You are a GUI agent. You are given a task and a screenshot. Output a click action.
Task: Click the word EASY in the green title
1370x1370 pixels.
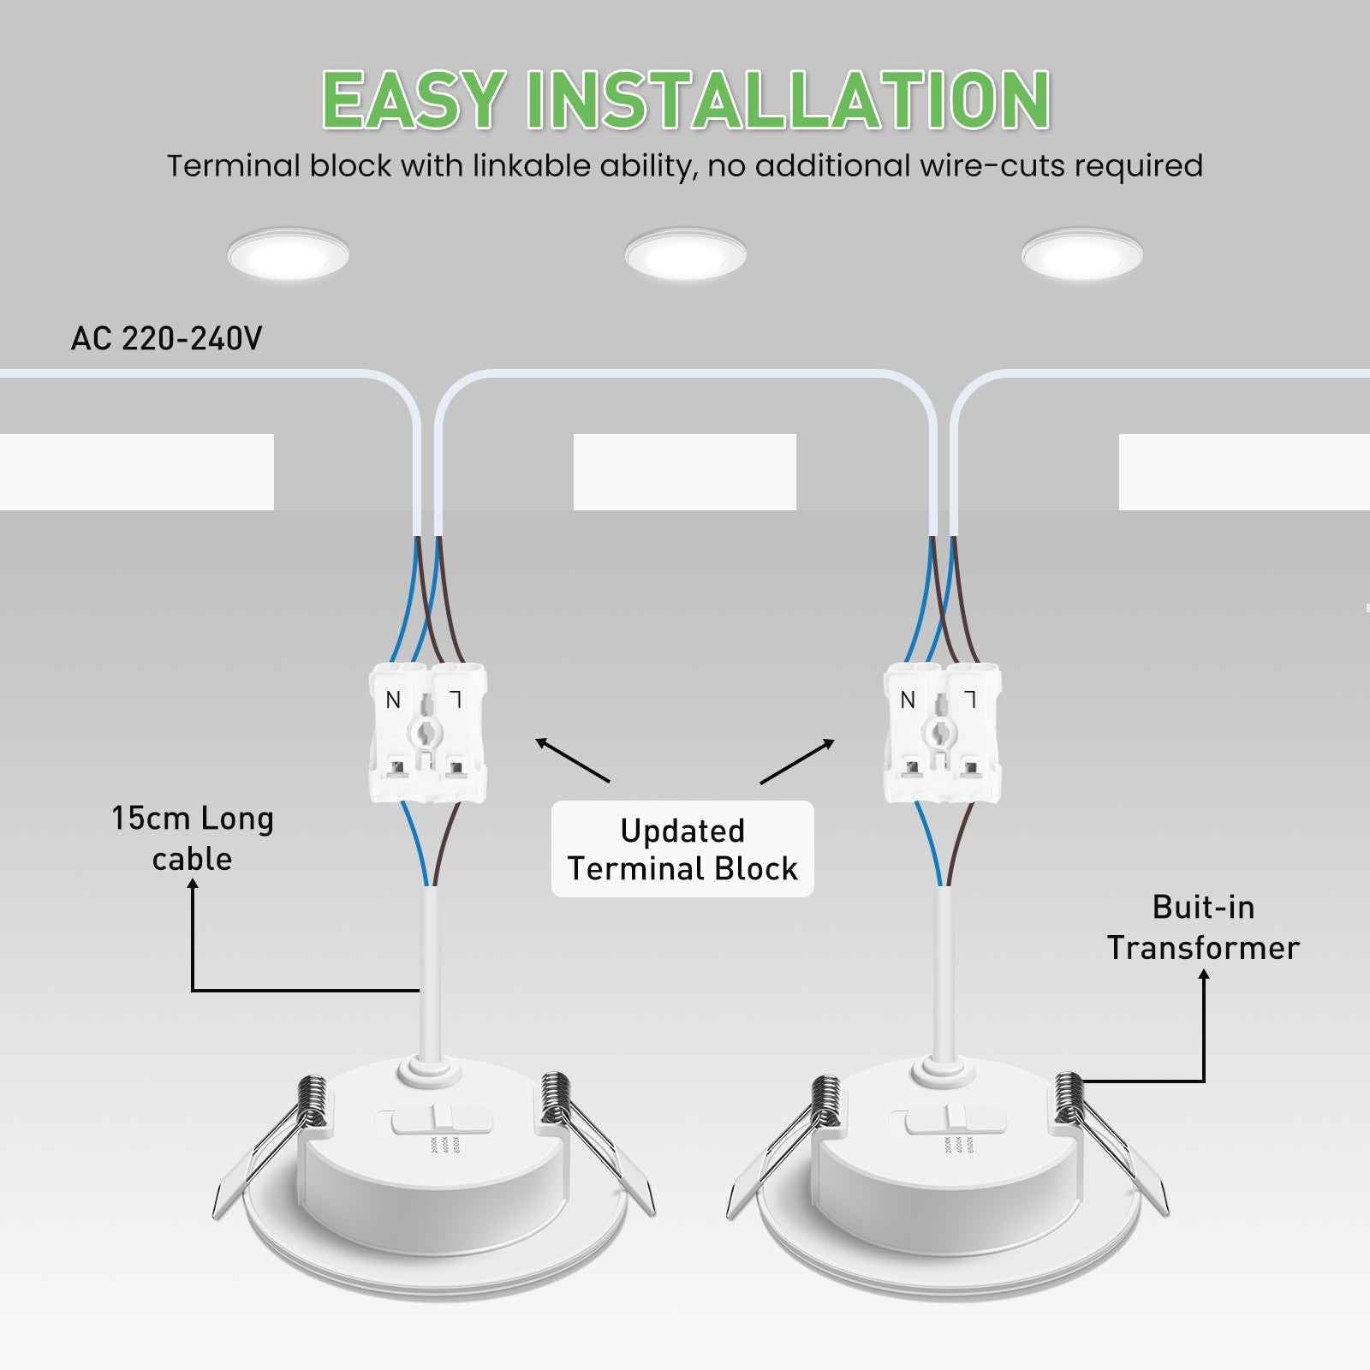click(x=413, y=100)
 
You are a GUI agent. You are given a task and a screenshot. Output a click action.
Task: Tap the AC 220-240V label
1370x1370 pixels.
click(x=166, y=339)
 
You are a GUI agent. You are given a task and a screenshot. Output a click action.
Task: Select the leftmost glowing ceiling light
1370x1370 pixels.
click(x=289, y=254)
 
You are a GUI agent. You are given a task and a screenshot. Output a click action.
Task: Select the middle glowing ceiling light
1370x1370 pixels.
click(x=685, y=254)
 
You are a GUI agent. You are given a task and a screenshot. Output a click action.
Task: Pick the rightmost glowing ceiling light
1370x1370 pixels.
click(x=1081, y=254)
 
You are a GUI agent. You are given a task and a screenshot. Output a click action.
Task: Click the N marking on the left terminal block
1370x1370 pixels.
click(x=393, y=700)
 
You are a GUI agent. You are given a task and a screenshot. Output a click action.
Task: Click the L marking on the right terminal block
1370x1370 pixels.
click(x=969, y=700)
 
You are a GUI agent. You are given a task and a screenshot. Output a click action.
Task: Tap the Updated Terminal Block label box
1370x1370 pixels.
click(x=682, y=849)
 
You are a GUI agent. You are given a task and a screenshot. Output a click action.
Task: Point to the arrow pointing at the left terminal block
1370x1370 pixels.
click(x=572, y=760)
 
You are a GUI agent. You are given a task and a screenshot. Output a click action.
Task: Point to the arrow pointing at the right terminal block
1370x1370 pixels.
click(x=797, y=760)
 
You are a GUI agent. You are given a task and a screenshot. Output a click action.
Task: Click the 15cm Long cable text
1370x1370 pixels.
click(x=193, y=838)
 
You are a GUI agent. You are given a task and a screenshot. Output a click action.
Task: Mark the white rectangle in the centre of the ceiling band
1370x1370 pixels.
click(x=684, y=472)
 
